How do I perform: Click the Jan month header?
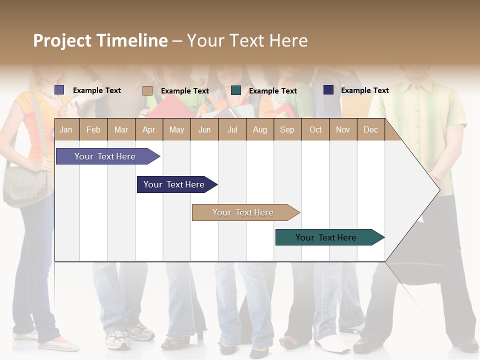tap(66, 130)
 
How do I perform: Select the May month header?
tap(176, 130)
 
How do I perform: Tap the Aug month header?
tap(259, 130)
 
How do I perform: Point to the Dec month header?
tap(370, 130)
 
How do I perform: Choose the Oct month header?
tap(315, 130)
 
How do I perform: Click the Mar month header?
tap(121, 130)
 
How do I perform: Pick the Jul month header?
tap(232, 130)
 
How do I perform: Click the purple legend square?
tap(59, 90)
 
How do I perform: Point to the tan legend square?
tap(147, 90)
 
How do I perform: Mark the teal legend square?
tap(236, 90)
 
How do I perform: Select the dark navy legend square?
tap(328, 90)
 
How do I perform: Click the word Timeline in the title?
tap(132, 40)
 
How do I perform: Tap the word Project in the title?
tap(62, 40)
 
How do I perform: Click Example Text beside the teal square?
tap(272, 91)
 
